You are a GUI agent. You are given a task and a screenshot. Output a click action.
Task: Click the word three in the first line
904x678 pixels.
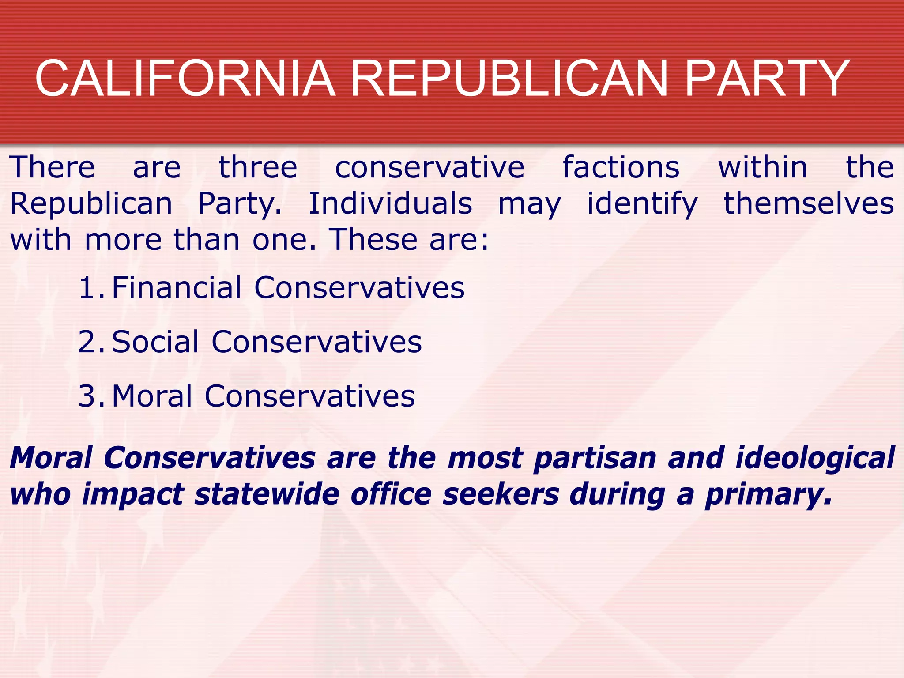point(258,168)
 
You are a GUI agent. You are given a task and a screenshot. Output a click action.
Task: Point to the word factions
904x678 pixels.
point(621,168)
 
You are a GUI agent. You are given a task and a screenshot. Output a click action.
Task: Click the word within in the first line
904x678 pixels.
point(763,168)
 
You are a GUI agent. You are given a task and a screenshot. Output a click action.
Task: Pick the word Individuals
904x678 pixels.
point(390,204)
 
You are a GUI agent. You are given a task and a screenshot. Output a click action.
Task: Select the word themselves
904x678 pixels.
point(809,204)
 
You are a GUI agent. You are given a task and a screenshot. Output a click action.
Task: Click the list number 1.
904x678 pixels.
point(90,288)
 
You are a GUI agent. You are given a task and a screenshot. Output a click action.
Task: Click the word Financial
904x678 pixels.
point(177,288)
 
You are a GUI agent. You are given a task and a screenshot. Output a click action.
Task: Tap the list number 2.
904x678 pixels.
point(90,342)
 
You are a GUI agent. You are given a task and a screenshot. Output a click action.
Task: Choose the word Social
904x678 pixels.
point(155,342)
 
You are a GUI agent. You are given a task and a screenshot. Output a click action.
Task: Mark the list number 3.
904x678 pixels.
point(90,396)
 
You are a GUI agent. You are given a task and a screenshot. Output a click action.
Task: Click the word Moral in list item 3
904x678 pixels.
point(152,396)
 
